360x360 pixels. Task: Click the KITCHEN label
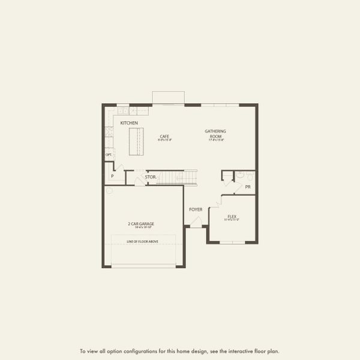point(129,123)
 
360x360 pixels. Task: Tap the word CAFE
point(164,136)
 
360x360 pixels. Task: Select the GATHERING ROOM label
point(215,133)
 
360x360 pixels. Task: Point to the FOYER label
point(196,209)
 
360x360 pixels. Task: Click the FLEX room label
point(232,216)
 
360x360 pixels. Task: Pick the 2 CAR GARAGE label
point(142,224)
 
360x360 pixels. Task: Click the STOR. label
point(151,177)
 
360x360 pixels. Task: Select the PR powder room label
point(247,187)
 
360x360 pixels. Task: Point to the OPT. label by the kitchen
point(109,155)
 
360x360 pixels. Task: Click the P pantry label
point(112,177)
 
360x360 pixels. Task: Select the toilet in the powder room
point(239,176)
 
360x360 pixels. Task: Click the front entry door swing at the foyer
point(196,221)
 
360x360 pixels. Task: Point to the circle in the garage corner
point(109,191)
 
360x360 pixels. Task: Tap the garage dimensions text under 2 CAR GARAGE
point(142,229)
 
